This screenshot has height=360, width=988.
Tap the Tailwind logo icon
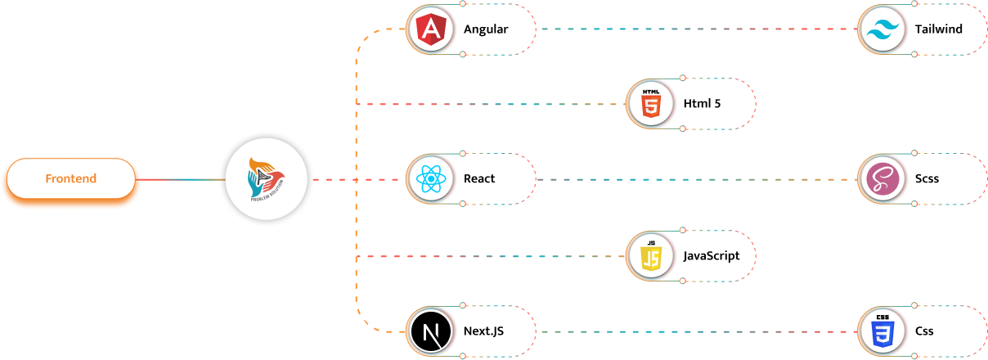tap(882, 29)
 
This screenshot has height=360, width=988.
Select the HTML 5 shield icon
tap(650, 104)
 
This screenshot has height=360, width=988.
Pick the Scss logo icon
tap(882, 179)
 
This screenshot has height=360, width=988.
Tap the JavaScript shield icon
tap(650, 255)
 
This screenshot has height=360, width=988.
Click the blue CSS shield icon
tap(882, 331)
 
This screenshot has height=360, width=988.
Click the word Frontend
tap(70, 179)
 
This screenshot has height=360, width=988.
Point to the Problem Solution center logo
tap(267, 179)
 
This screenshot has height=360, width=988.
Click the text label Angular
tap(486, 29)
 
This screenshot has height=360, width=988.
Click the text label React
tap(479, 179)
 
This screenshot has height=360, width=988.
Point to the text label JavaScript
tap(712, 255)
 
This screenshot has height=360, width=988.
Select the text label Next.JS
tap(484, 331)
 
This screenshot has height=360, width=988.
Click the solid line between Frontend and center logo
tap(180, 179)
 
